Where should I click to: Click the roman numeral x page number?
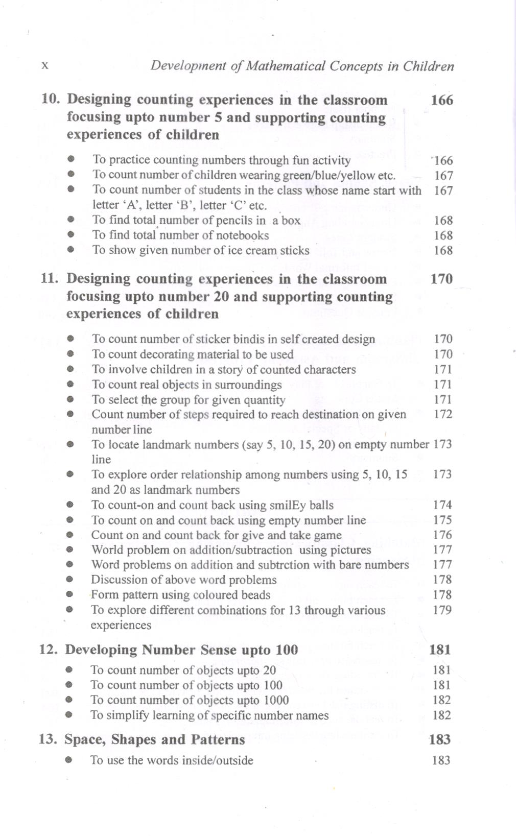(45, 65)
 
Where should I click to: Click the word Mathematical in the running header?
(285, 66)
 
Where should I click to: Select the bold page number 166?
(442, 100)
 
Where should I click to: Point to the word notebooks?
(242, 235)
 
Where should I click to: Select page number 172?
(443, 414)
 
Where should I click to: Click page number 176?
(442, 535)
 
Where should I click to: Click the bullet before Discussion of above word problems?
(69, 580)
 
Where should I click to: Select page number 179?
(442, 610)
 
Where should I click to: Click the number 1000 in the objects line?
(276, 700)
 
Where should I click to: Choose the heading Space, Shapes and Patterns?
(154, 739)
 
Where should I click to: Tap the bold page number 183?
(440, 739)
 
